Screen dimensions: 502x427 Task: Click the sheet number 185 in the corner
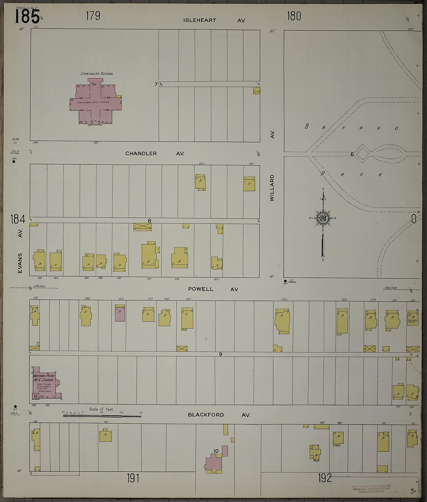27,16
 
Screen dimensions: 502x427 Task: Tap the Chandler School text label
97,74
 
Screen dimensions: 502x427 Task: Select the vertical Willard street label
272,188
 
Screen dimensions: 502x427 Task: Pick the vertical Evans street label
20,263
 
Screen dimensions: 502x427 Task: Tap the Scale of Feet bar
102,416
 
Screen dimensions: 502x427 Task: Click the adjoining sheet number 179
93,16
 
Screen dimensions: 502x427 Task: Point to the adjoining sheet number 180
294,16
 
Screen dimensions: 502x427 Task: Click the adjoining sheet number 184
18,219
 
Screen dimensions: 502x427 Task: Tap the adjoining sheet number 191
133,478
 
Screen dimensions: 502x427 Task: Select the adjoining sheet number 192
325,478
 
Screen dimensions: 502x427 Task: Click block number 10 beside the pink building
216,451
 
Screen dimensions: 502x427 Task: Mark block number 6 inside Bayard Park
352,154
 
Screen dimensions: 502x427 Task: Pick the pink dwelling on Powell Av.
120,313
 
